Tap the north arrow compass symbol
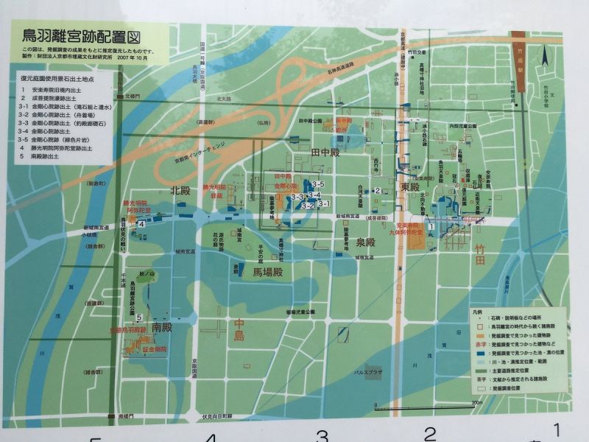(546, 56)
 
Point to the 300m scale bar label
(476, 402)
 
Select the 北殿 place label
(180, 190)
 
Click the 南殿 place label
(163, 326)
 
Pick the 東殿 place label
(410, 188)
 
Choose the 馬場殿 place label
(267, 273)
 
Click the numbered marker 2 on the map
(377, 191)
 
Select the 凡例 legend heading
(479, 312)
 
